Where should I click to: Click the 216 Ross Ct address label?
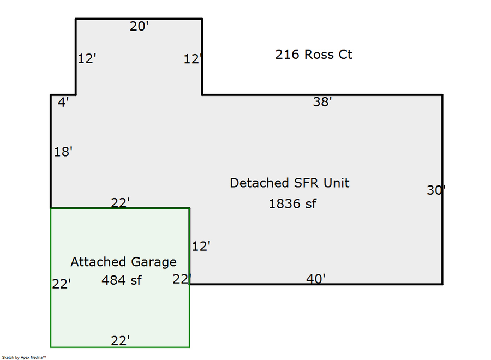pyautogui.click(x=314, y=55)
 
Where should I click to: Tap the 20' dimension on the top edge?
pyautogui.click(x=139, y=26)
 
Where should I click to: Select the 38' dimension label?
pyautogui.click(x=322, y=101)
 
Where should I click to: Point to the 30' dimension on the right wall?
pyautogui.click(x=436, y=190)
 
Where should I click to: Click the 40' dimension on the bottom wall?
pyautogui.click(x=316, y=279)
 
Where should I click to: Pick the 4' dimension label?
pyautogui.click(x=64, y=101)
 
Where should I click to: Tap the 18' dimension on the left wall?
pyautogui.click(x=63, y=152)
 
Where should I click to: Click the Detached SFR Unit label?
pyautogui.click(x=289, y=183)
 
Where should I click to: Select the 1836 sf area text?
pyautogui.click(x=292, y=204)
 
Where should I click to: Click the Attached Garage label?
pyautogui.click(x=123, y=262)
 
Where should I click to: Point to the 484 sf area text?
pyautogui.click(x=122, y=280)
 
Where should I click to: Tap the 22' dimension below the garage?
pyautogui.click(x=120, y=341)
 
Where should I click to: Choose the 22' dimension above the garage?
pyautogui.click(x=120, y=202)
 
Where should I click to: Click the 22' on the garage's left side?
pyautogui.click(x=62, y=284)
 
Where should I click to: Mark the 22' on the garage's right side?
pyautogui.click(x=181, y=279)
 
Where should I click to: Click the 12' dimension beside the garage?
pyautogui.click(x=201, y=246)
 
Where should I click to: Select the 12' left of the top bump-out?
pyautogui.click(x=87, y=58)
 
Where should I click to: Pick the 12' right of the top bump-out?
pyautogui.click(x=193, y=59)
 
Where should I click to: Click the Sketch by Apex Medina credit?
pyautogui.click(x=24, y=357)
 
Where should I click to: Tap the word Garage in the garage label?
pyautogui.click(x=154, y=262)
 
